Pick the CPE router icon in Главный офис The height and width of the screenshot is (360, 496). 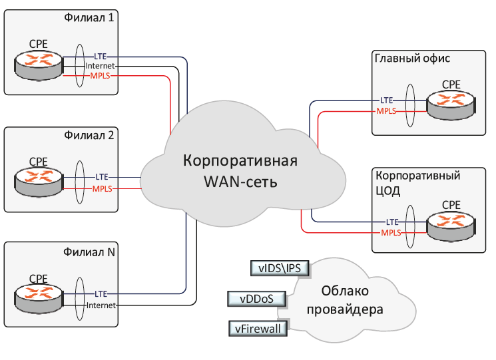coord(451,103)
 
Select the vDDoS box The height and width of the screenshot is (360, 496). coord(257,298)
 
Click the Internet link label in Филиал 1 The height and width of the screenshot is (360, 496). coord(101,67)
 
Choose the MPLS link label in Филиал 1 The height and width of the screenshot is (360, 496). coord(101,77)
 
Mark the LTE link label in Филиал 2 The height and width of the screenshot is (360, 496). coord(102,177)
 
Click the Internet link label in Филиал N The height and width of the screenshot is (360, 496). coord(101,305)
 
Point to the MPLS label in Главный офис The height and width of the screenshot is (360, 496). coord(386,110)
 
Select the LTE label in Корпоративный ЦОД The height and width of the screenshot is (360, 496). coord(392,221)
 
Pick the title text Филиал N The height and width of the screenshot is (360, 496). coord(89,252)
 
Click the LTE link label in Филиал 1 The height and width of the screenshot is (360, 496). coord(101,57)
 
